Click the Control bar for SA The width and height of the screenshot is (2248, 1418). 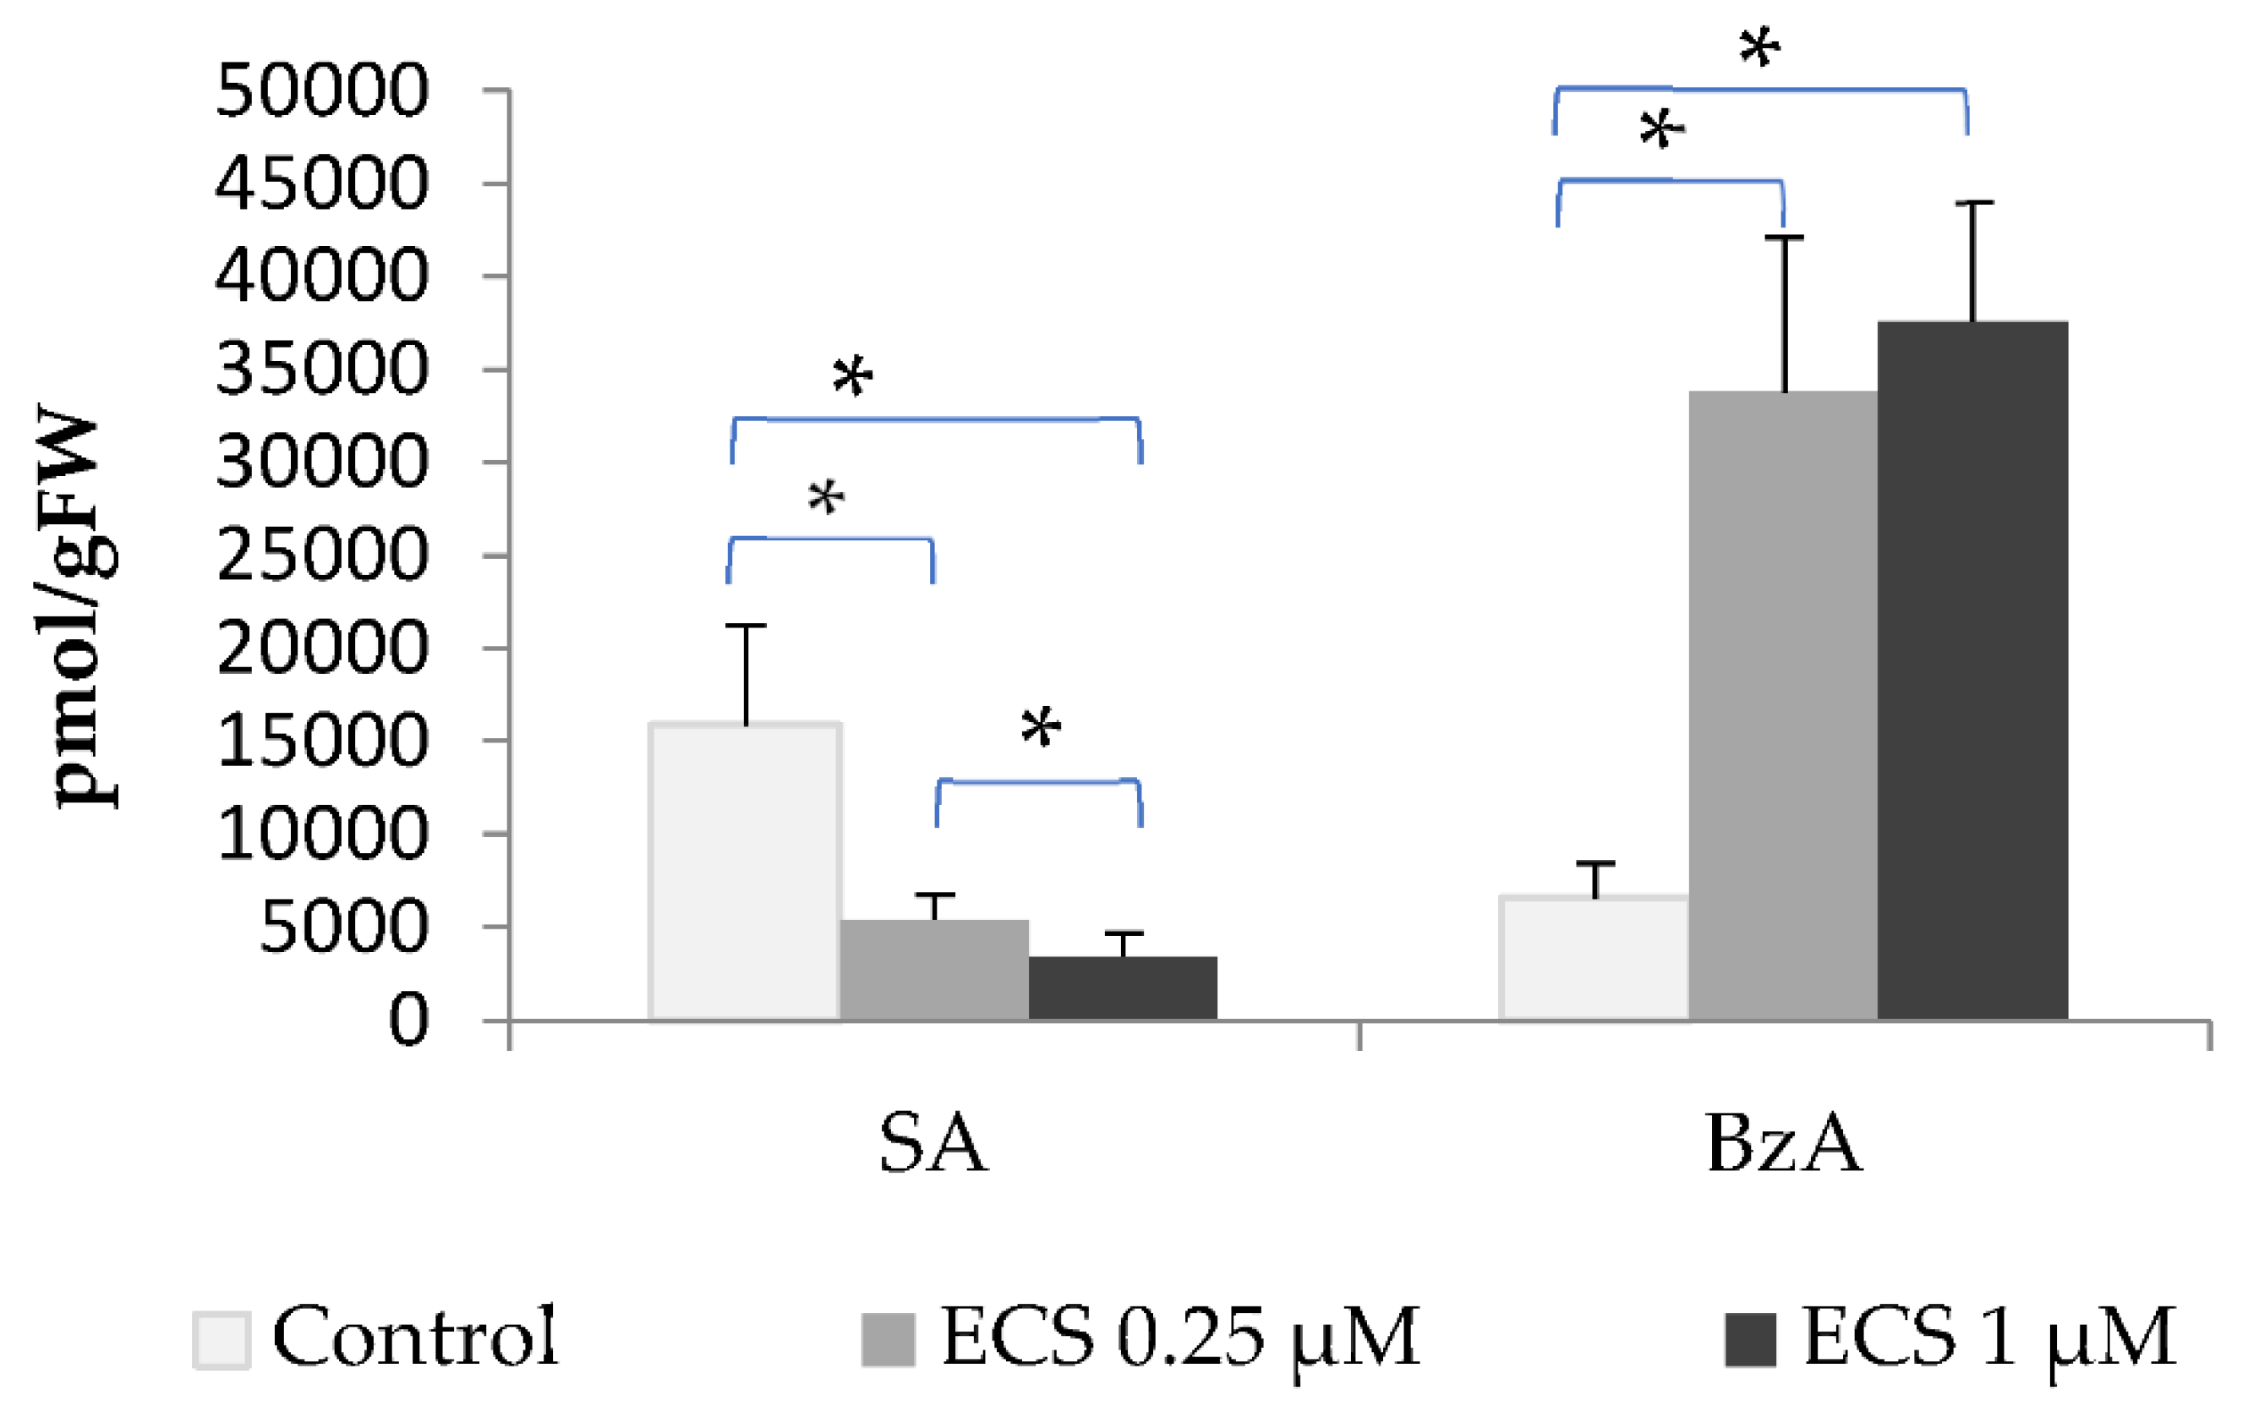[745, 872]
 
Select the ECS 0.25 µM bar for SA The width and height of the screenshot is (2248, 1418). [933, 970]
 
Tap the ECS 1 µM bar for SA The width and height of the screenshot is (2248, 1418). [1122, 988]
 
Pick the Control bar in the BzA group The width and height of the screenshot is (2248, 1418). [1595, 958]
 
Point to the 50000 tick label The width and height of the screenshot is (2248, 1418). [321, 90]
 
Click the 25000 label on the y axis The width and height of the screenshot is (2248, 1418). [321, 556]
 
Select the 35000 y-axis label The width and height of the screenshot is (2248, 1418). [321, 370]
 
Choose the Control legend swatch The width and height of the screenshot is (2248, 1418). [222, 1340]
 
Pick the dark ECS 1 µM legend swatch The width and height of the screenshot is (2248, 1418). [1749, 1340]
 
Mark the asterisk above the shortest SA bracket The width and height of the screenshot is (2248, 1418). [1040, 728]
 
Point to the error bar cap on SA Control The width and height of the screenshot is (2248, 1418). [746, 626]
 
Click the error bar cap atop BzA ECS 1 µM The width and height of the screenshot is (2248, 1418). [1972, 203]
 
